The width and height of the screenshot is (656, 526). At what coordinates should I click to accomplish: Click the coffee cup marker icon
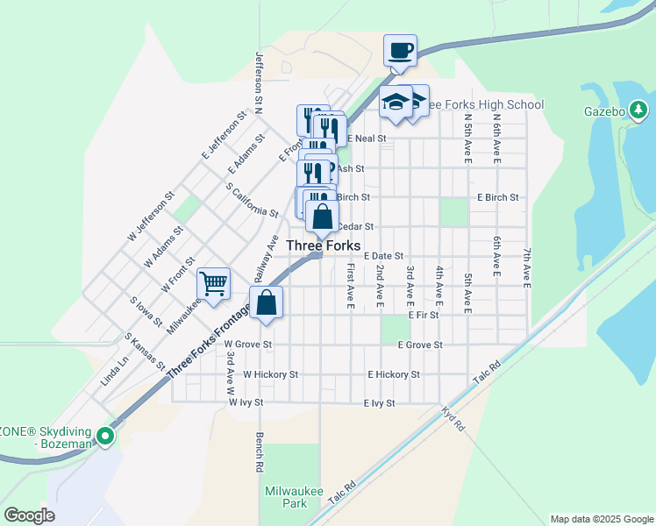pos(400,51)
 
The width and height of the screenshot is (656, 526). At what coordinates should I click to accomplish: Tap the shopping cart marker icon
pos(213,284)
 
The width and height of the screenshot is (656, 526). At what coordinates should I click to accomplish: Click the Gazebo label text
pos(604,111)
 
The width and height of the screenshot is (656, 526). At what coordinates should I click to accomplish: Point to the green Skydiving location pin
pos(105,435)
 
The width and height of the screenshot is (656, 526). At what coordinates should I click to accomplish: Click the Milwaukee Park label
pos(287,497)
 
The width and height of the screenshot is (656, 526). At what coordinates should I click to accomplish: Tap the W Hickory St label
pos(271,374)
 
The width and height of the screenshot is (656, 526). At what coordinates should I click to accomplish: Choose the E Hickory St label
pos(394,374)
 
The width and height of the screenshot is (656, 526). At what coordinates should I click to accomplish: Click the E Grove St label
pos(419,345)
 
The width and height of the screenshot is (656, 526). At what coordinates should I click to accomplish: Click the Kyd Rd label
pos(453,418)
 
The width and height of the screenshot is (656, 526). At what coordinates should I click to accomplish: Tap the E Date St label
pos(382,255)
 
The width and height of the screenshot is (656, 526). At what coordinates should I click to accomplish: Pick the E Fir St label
pos(423,314)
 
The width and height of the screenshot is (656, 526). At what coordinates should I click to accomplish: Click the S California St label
pos(252,200)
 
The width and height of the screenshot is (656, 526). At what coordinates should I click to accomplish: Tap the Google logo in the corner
pos(30,515)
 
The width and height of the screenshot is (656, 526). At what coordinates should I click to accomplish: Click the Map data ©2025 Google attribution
pos(602,519)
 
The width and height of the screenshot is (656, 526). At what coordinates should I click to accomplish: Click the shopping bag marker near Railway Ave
pos(267,303)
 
